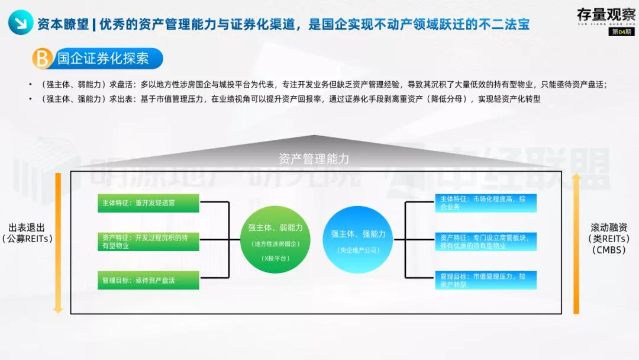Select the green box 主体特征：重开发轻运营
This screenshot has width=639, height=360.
tap(149, 202)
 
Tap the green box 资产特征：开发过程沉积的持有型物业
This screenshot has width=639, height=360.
tap(149, 241)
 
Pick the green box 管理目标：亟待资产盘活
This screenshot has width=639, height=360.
tap(149, 280)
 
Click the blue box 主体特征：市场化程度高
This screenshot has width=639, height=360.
tap(486, 202)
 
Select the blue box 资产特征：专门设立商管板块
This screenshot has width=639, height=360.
tap(486, 241)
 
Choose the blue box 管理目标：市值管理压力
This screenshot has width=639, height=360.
tap(486, 280)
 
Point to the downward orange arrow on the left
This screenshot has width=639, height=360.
tap(58, 243)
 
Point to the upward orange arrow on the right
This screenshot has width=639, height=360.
tap(576, 243)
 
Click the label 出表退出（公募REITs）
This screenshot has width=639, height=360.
tap(27, 233)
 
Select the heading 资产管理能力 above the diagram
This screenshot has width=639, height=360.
tap(314, 159)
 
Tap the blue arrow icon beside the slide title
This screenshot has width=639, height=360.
tap(20, 24)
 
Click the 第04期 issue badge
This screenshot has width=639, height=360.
tap(621, 31)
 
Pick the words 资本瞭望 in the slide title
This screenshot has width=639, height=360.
tap(63, 24)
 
